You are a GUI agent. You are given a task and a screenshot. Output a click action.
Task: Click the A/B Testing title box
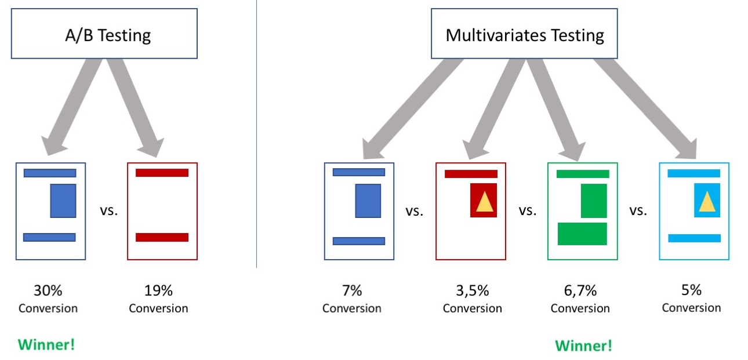(x=104, y=34)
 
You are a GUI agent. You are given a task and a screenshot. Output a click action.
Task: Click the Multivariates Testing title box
(x=524, y=34)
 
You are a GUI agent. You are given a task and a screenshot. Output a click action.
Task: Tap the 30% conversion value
(x=48, y=290)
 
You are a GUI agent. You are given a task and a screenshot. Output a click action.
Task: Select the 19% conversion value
(x=158, y=290)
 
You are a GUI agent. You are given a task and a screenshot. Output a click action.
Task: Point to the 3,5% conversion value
(x=473, y=290)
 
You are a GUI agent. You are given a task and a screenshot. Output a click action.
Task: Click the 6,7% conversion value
(x=580, y=290)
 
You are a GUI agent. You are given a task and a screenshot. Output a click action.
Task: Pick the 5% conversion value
(x=691, y=290)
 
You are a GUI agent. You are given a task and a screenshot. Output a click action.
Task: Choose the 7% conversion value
(x=352, y=290)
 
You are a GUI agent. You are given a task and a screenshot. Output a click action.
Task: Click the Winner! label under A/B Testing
(x=46, y=345)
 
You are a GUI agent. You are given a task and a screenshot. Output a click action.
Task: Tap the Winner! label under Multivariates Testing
(x=583, y=346)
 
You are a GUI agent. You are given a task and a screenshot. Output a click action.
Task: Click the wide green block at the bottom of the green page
(x=582, y=234)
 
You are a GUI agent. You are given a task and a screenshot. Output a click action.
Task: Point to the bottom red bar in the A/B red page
(x=162, y=237)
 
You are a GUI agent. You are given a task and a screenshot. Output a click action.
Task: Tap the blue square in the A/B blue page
(x=63, y=201)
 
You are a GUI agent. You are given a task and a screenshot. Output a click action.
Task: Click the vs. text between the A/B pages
(x=109, y=210)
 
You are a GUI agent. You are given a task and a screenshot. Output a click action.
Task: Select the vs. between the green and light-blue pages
(x=638, y=210)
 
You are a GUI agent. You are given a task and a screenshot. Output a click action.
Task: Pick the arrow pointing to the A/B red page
(x=136, y=107)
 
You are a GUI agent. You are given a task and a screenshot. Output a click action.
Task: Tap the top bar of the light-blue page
(x=694, y=173)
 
